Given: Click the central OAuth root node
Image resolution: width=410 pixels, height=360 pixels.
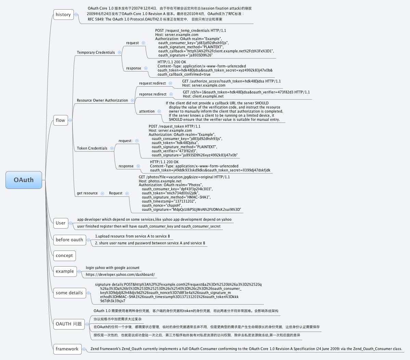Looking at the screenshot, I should [x=24, y=180].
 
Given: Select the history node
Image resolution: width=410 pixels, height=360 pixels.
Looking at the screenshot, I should [x=63, y=15].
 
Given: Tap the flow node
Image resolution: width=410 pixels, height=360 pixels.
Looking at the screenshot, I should [x=60, y=120].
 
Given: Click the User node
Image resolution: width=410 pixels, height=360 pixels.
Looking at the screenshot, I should [x=61, y=223].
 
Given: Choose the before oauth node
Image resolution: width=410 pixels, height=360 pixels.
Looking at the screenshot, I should [x=69, y=240].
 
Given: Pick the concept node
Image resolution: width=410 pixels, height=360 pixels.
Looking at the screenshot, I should [x=64, y=256].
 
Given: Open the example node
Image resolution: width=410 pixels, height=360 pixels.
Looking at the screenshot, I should [x=65, y=271].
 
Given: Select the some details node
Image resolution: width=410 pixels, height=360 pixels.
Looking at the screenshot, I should [x=69, y=293].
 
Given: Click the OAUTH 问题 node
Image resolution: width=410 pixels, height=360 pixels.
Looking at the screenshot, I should [x=69, y=324].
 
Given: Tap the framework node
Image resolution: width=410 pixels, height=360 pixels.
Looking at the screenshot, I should [x=67, y=349].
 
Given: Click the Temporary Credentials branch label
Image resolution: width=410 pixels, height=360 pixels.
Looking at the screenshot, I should [x=96, y=53].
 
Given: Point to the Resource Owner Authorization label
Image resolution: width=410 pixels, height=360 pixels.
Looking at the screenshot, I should [x=102, y=101].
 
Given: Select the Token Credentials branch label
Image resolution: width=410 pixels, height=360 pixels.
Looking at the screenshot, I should [x=92, y=149].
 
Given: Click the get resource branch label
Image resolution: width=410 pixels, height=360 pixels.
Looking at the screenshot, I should [x=87, y=193].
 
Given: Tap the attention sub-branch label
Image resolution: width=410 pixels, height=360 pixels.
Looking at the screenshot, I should [x=147, y=112].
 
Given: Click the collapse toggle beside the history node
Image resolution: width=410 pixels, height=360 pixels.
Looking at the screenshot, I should [x=76, y=15].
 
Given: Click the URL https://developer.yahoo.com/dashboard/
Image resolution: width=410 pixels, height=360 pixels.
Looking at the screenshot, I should [x=120, y=275].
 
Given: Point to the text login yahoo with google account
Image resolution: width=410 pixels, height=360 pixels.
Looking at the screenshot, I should [x=113, y=268].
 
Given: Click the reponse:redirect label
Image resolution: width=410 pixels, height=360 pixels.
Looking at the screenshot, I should [x=153, y=94].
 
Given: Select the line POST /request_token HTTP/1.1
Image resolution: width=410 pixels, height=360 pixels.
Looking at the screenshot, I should [x=174, y=127].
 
